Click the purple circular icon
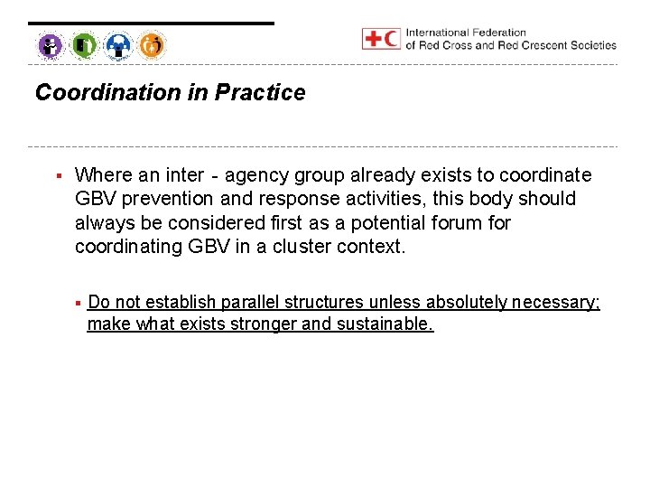(x=51, y=44)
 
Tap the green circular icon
(x=84, y=44)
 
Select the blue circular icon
(x=118, y=44)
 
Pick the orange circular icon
(x=152, y=44)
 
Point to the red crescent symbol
(x=392, y=39)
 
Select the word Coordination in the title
(x=107, y=93)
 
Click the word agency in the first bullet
(x=253, y=174)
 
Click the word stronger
(x=264, y=324)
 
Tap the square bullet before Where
(x=58, y=174)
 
